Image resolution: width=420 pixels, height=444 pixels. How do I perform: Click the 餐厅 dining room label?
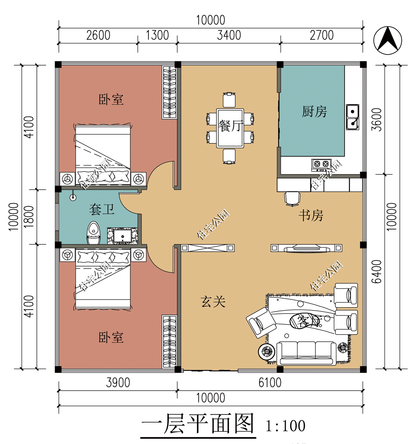[x=230, y=126]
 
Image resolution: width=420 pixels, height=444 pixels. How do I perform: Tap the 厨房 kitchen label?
[x=314, y=112]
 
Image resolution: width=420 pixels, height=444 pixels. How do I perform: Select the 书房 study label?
[x=311, y=215]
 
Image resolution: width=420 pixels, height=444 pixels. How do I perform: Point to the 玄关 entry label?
[x=213, y=302]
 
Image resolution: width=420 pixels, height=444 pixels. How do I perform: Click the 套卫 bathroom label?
[x=102, y=210]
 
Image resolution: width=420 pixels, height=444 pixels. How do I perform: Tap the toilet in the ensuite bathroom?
[x=94, y=233]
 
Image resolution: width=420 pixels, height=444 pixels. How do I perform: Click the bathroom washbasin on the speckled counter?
[x=122, y=236]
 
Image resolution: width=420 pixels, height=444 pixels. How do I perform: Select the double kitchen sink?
[x=352, y=117]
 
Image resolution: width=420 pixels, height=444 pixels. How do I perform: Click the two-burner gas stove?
[x=321, y=164]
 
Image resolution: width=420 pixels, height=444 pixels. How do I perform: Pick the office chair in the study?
[x=292, y=198]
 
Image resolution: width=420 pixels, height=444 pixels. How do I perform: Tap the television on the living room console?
[x=306, y=248]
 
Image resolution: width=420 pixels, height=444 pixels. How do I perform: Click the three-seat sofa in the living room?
[x=306, y=353]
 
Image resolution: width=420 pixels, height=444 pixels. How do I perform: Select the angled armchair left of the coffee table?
[x=261, y=322]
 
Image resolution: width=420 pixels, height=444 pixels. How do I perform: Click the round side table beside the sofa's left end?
[x=266, y=352]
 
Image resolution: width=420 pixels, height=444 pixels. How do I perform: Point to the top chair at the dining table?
[x=229, y=100]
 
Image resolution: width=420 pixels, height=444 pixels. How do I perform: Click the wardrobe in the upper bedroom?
[x=170, y=92]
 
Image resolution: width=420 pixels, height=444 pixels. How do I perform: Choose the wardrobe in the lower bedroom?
[x=170, y=341]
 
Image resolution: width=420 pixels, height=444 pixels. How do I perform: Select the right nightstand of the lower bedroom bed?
[x=139, y=255]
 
